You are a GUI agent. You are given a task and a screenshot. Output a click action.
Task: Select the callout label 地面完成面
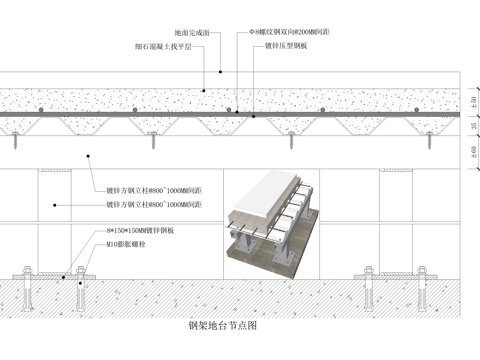(193, 33)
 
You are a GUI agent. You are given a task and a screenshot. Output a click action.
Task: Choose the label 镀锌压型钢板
(287, 47)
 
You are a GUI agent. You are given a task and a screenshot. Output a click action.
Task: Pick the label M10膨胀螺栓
(129, 243)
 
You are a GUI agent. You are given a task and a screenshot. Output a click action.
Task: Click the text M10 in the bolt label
(114, 243)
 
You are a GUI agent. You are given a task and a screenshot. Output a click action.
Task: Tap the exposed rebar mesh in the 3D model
(289, 216)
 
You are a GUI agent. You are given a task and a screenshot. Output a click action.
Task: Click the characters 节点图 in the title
(241, 326)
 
